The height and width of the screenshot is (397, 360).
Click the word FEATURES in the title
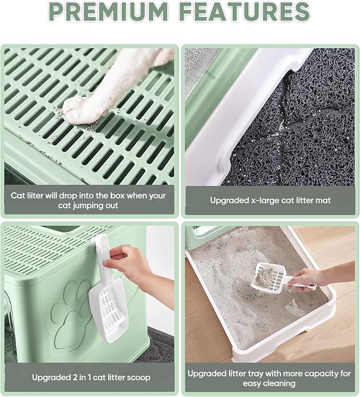pyautogui.click(x=245, y=11)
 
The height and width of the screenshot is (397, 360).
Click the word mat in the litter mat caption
pyautogui.click(x=324, y=200)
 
